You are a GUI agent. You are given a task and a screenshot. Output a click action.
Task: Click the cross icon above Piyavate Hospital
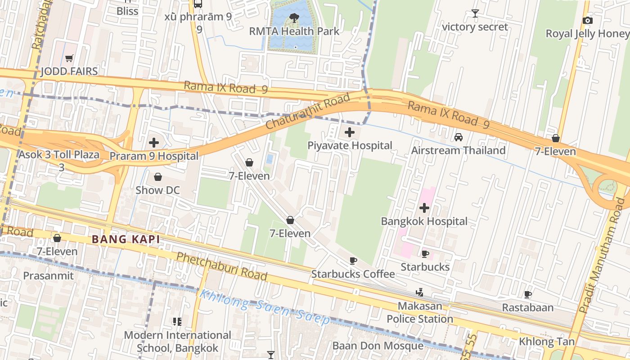click(x=350, y=132)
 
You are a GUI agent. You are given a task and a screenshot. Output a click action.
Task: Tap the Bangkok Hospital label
click(x=424, y=221)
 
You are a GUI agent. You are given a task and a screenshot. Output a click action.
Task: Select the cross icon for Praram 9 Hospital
click(x=154, y=143)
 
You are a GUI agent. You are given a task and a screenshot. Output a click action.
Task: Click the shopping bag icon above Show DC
click(x=157, y=177)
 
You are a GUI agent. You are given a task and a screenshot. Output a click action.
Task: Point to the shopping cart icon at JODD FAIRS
click(x=69, y=58)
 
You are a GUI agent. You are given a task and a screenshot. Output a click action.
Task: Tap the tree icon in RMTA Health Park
click(x=294, y=18)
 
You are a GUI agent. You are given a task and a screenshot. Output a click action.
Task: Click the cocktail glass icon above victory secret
click(x=475, y=13)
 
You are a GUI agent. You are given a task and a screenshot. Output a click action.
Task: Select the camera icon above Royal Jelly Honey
click(x=587, y=21)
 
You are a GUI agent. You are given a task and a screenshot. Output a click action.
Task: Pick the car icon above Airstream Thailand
click(x=458, y=137)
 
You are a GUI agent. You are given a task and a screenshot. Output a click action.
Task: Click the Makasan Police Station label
click(x=420, y=313)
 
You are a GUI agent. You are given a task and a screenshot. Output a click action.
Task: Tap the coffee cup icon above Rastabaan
click(x=527, y=295)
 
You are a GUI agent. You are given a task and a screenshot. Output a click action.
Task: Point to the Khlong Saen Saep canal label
click(x=265, y=307)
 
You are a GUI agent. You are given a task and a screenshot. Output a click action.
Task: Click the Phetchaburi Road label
click(x=221, y=265)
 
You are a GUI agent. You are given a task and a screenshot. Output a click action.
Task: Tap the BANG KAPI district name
click(x=126, y=239)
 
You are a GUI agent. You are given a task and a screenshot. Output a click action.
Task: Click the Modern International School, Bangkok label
click(x=177, y=342)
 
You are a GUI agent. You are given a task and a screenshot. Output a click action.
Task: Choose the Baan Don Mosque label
click(x=378, y=346)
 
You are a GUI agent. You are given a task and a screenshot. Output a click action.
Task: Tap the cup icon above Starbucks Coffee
click(x=353, y=261)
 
